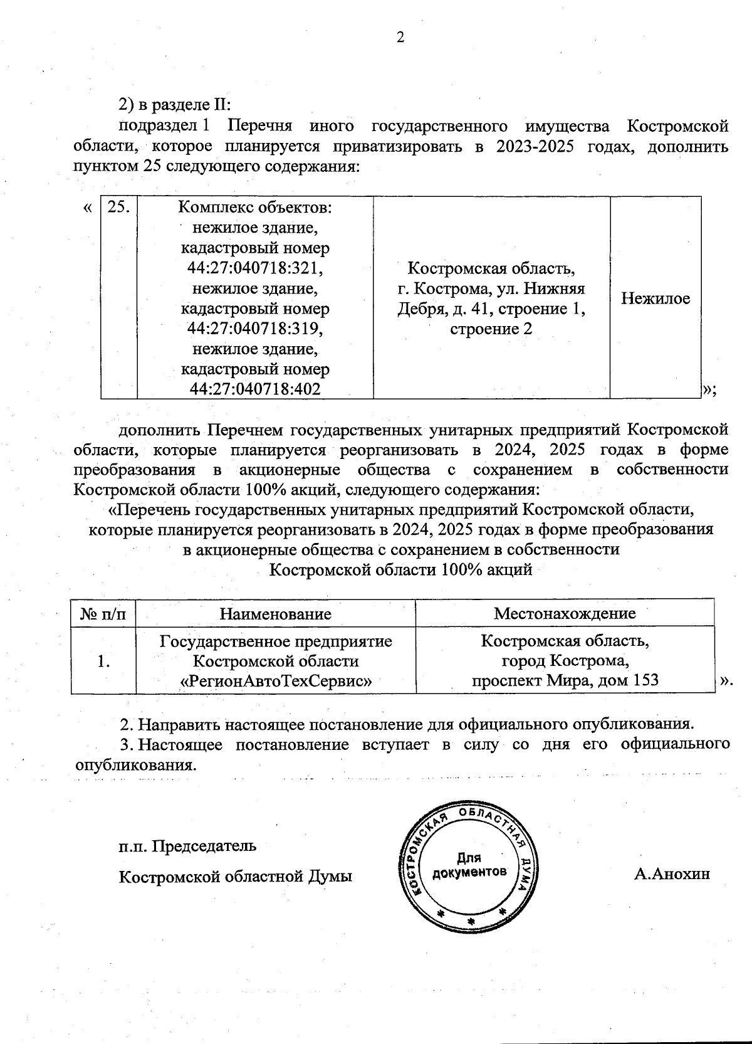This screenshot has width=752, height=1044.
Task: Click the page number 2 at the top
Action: point(400,38)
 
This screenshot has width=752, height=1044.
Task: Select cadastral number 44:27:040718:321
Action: point(255,268)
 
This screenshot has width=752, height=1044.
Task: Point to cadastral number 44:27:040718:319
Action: point(255,329)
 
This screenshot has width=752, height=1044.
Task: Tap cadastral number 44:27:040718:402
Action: point(255,389)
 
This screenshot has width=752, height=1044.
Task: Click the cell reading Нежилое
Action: point(655,298)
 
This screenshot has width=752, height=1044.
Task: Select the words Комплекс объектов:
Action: point(255,207)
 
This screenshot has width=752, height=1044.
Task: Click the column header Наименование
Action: point(275,613)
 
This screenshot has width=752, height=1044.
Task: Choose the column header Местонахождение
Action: point(565,613)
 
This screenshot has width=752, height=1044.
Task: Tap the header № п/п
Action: point(103,613)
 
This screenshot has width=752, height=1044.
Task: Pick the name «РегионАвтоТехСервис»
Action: point(276,681)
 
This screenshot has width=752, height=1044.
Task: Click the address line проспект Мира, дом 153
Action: point(565,681)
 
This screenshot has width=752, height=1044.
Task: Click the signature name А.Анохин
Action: point(672,873)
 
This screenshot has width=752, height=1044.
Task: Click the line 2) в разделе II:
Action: point(175,105)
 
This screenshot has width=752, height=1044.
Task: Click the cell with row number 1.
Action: point(103,661)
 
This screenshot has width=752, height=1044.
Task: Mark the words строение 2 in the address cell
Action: point(491,329)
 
